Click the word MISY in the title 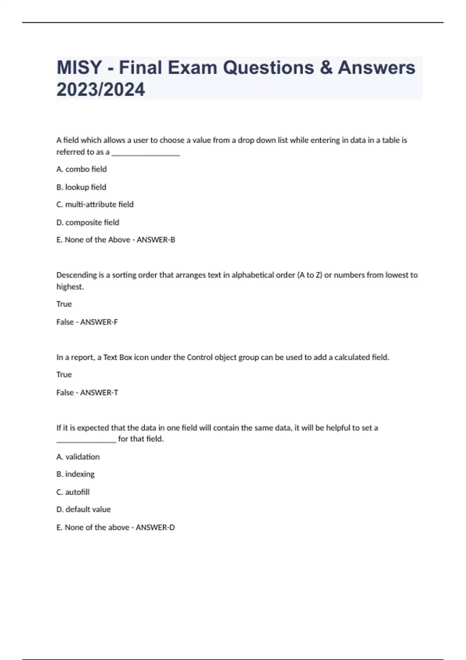click(x=79, y=68)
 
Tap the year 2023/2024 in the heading click(x=101, y=90)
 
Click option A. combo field click(x=82, y=169)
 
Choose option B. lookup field click(x=81, y=187)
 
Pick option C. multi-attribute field click(x=95, y=205)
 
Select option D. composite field click(x=88, y=222)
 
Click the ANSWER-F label click(x=99, y=322)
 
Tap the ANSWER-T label click(x=99, y=393)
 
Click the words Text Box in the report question click(x=118, y=357)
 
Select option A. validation click(x=78, y=457)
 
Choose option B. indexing click(x=75, y=474)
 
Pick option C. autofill click(x=73, y=492)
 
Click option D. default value click(x=83, y=509)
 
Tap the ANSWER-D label click(x=155, y=527)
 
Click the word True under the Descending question click(x=64, y=304)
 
